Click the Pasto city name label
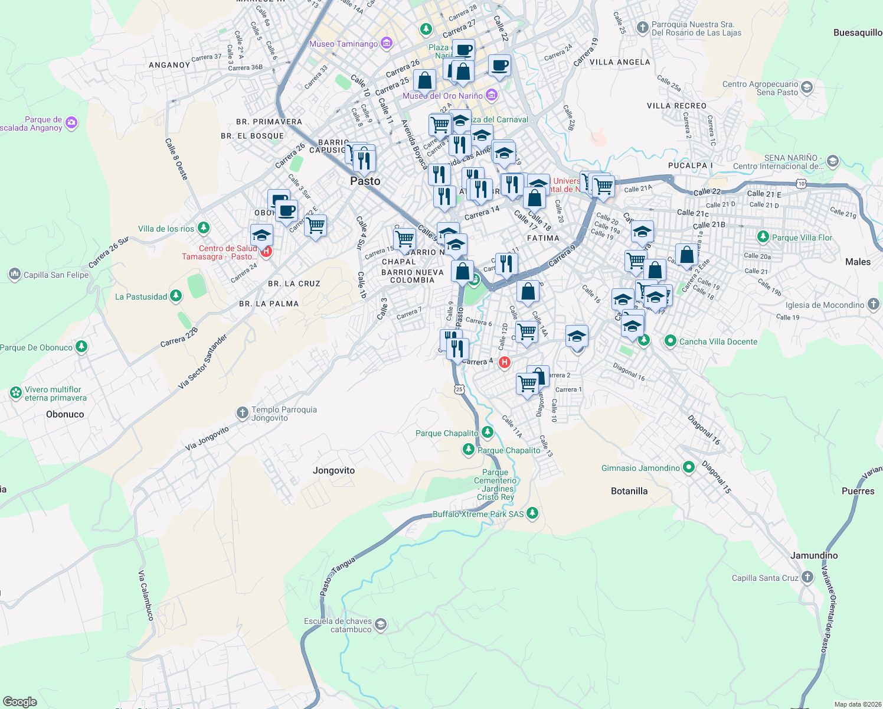click(x=365, y=181)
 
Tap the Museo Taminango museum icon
click(x=387, y=43)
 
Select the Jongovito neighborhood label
click(x=333, y=470)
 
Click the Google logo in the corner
click(x=20, y=701)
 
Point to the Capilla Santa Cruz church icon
click(x=807, y=578)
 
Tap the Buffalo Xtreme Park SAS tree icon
click(x=532, y=513)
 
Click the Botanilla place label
click(x=629, y=491)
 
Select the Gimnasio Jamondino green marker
click(x=688, y=467)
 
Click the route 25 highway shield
click(x=459, y=389)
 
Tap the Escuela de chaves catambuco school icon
click(x=381, y=625)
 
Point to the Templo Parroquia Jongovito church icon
click(x=242, y=413)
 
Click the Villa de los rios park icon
click(x=204, y=227)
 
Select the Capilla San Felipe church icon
click(x=14, y=274)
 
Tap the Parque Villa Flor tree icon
click(x=763, y=237)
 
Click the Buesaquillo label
click(x=857, y=32)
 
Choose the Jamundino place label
click(x=813, y=555)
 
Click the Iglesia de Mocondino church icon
click(x=874, y=304)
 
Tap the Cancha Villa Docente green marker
click(x=670, y=341)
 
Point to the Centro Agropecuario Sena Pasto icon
click(x=807, y=88)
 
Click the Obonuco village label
click(x=65, y=414)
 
